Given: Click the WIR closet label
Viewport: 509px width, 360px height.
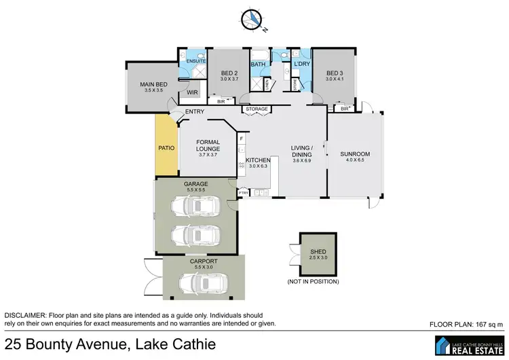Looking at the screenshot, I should [x=191, y=94].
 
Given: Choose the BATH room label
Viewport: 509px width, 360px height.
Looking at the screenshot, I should [x=259, y=65].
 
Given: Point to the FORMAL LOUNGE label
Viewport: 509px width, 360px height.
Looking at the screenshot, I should [x=207, y=147].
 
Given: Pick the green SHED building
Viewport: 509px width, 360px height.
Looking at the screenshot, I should [x=313, y=255].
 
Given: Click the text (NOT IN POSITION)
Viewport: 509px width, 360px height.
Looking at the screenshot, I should [x=313, y=281].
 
